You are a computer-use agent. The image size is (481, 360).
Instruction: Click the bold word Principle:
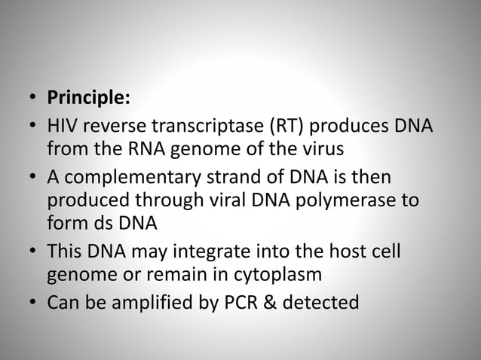pos(88,99)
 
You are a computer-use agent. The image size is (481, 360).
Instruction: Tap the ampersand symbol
pos(273,305)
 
